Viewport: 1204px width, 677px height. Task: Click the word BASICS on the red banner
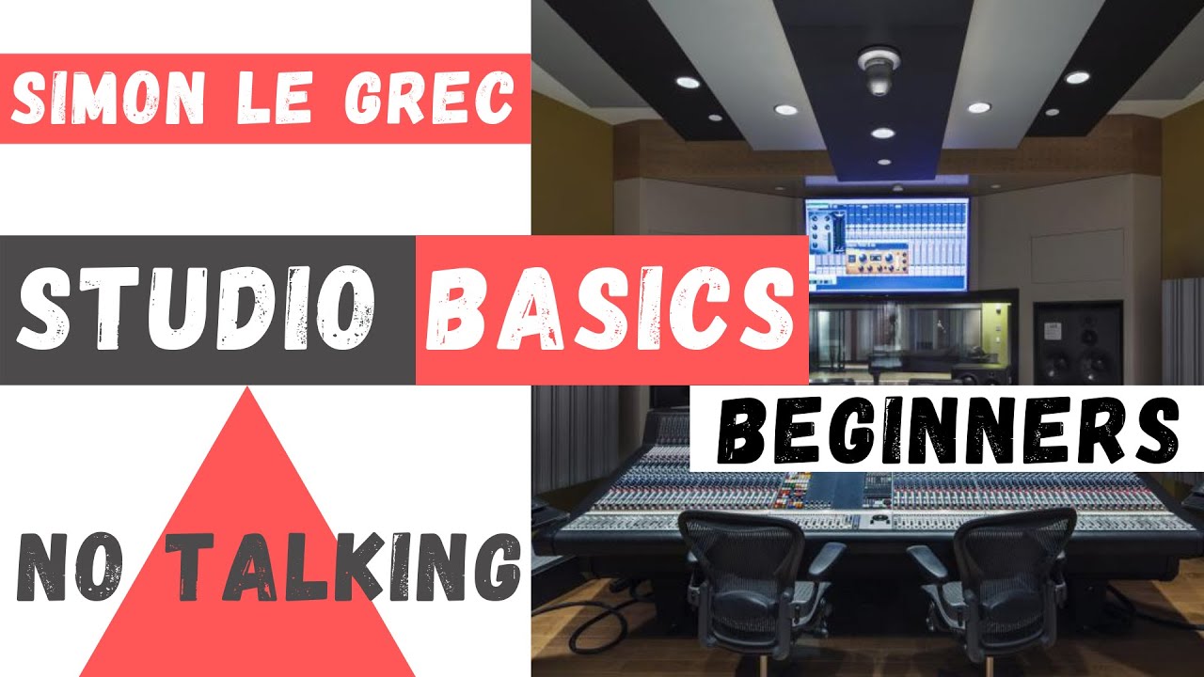coord(610,309)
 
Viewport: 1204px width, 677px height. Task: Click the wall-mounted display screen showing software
coord(886,244)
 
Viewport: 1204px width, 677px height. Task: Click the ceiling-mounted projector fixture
coord(877,71)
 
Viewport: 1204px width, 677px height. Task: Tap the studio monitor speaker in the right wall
coord(1078,344)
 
